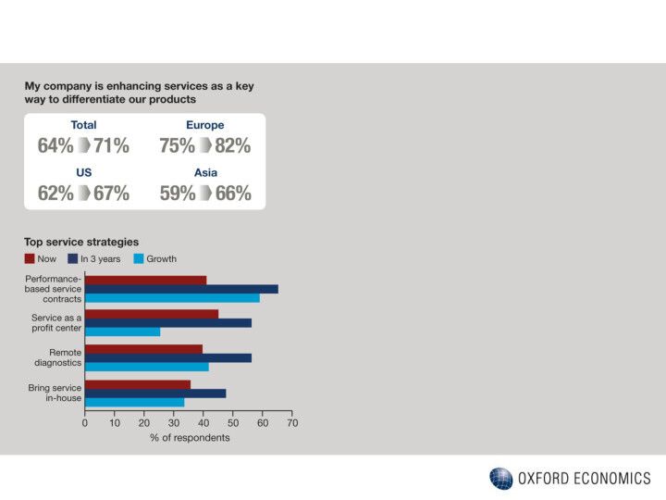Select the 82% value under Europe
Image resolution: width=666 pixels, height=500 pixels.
(x=232, y=146)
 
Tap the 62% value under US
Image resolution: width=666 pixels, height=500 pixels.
(x=55, y=194)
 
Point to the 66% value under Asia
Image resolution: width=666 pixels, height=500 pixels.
(x=232, y=194)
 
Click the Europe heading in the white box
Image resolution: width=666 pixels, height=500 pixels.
(x=204, y=125)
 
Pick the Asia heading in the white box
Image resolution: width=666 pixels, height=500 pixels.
(x=205, y=173)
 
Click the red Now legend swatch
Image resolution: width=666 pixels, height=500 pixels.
(x=30, y=259)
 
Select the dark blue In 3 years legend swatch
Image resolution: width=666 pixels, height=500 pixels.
(x=73, y=259)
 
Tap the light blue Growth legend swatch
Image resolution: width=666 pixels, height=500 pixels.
(x=138, y=259)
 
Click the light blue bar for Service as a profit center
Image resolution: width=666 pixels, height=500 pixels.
(x=122, y=331)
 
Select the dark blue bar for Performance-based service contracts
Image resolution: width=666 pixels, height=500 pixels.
(x=181, y=289)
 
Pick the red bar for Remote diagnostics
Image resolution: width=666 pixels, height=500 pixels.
(x=143, y=349)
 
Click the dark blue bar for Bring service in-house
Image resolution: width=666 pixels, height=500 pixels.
(x=155, y=393)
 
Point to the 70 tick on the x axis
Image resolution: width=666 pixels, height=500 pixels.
(x=292, y=423)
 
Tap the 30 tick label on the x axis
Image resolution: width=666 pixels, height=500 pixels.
(x=174, y=423)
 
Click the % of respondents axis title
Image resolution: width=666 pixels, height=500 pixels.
(x=190, y=438)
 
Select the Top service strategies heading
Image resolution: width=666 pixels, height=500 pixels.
(x=81, y=243)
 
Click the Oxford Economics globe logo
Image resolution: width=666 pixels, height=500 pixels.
(x=500, y=479)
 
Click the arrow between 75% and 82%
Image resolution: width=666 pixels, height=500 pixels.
(x=204, y=146)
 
